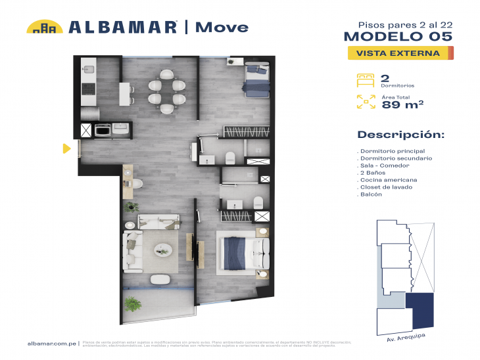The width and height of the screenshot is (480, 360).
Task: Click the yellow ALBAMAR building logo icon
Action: [45, 27]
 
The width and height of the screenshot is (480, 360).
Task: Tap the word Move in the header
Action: [222, 27]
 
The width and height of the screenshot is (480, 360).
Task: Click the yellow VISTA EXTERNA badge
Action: [398, 53]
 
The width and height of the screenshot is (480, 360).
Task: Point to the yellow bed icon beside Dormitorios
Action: [365, 79]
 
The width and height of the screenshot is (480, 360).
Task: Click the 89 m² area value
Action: [402, 104]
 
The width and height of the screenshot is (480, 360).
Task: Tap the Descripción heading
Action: [400, 135]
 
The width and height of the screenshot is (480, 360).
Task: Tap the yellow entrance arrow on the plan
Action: [66, 148]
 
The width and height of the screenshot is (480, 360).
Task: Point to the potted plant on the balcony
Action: [133, 304]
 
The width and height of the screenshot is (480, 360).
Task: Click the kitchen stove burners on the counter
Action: [88, 87]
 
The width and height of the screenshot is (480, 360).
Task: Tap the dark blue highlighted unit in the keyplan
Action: [421, 309]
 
